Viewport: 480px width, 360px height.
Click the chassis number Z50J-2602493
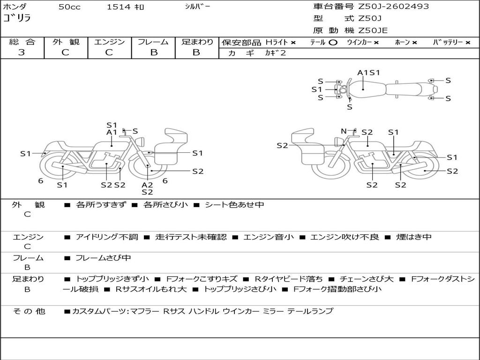(x=393, y=7)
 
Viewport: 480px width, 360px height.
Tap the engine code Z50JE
(x=373, y=30)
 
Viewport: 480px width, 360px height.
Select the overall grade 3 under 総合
(x=22, y=52)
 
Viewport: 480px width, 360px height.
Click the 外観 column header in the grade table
(x=66, y=42)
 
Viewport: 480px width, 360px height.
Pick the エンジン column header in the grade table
(x=109, y=42)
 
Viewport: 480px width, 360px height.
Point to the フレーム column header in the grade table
(x=153, y=42)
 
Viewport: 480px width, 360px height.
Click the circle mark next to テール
(x=333, y=43)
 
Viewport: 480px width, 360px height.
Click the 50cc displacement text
(x=69, y=7)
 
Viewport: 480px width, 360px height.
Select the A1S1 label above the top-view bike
(x=368, y=73)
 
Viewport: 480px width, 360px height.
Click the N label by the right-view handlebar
(x=344, y=131)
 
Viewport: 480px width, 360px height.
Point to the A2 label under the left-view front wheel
(x=147, y=185)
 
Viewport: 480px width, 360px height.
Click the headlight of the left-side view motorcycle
(x=141, y=142)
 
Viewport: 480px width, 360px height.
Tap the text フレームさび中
(x=103, y=258)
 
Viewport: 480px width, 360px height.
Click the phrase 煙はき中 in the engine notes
(x=413, y=237)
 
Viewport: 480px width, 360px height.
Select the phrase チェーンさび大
(x=367, y=279)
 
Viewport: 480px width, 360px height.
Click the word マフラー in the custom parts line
(x=145, y=311)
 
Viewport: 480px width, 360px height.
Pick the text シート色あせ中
(x=234, y=204)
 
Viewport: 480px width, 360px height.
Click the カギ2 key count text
(x=276, y=53)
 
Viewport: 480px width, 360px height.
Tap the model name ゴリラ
(x=17, y=18)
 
